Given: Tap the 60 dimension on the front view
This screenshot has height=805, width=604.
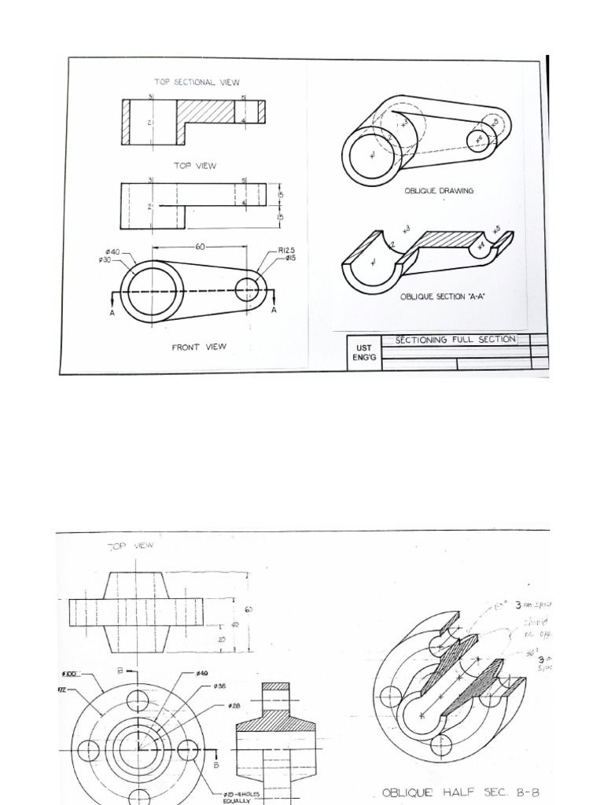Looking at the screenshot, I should [200, 246].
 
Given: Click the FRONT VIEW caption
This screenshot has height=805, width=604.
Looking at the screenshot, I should [199, 347].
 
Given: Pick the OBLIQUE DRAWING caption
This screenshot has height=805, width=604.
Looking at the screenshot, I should [439, 191].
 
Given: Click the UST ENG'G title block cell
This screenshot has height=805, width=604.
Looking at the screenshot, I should [363, 351].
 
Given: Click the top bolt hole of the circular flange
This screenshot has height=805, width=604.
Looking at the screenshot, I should [138, 700].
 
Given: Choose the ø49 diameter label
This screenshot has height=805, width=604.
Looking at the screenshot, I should [201, 674].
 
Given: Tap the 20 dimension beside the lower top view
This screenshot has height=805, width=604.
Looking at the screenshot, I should [221, 640].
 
